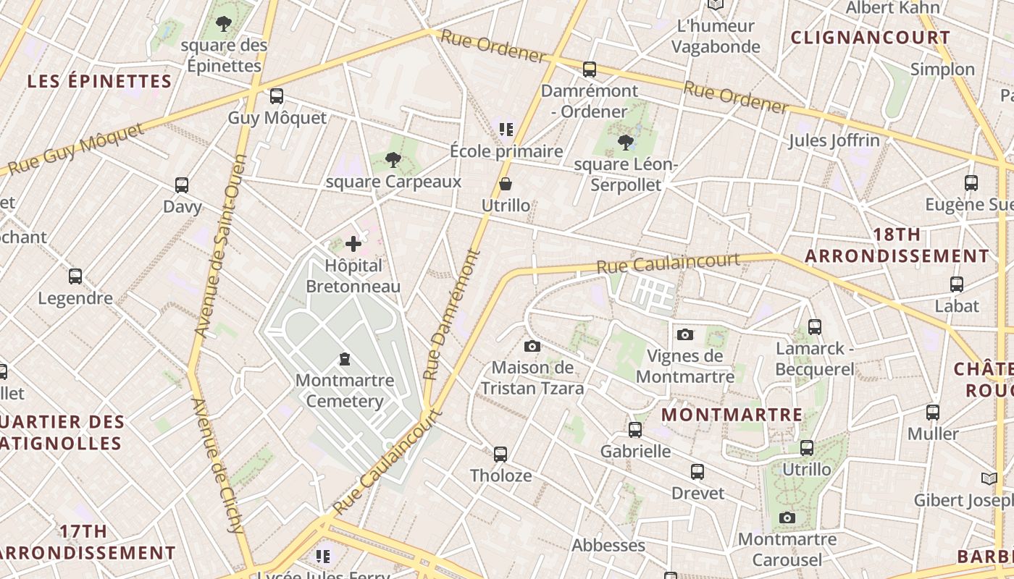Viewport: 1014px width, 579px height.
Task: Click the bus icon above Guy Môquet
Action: pyautogui.click(x=276, y=96)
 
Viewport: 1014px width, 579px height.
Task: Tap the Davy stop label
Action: pyautogui.click(x=182, y=206)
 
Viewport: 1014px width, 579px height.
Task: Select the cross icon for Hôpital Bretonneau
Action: pyautogui.click(x=353, y=245)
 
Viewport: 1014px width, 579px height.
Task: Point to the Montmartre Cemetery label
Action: pyautogui.click(x=345, y=390)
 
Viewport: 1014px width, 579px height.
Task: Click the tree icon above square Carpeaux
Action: pyautogui.click(x=393, y=159)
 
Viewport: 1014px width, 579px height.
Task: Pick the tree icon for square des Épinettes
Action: pyautogui.click(x=224, y=24)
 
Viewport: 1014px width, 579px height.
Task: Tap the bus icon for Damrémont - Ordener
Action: pyautogui.click(x=590, y=69)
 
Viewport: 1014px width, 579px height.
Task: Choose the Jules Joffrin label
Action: pyautogui.click(x=834, y=140)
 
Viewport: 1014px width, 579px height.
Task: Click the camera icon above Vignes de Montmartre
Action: pyautogui.click(x=685, y=334)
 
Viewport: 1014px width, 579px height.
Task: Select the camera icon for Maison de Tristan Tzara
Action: pyautogui.click(x=532, y=346)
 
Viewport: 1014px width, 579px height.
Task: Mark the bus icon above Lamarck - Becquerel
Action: pyautogui.click(x=815, y=327)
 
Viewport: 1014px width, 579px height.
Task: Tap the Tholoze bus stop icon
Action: pyautogui.click(x=500, y=455)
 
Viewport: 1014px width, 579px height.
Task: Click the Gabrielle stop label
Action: pyautogui.click(x=636, y=451)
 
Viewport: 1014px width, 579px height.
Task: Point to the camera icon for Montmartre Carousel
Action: pyautogui.click(x=787, y=517)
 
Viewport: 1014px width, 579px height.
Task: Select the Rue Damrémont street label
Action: pyautogui.click(x=453, y=315)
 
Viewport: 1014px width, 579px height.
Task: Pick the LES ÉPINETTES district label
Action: pyautogui.click(x=100, y=81)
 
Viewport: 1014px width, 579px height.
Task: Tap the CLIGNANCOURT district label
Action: pyautogui.click(x=870, y=38)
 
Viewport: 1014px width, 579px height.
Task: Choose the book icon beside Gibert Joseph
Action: pyautogui.click(x=989, y=478)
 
